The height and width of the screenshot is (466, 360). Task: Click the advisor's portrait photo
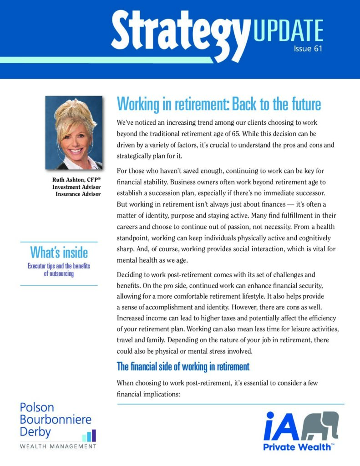(74, 132)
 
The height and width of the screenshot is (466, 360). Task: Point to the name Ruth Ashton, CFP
(76, 180)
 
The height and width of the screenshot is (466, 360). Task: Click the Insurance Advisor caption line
(78, 194)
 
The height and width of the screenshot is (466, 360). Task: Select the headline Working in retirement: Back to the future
(219, 104)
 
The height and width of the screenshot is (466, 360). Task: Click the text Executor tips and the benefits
(59, 266)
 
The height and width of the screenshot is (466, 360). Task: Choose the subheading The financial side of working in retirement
(183, 366)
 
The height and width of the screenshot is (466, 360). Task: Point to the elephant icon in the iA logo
(321, 426)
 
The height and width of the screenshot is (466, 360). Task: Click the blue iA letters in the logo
(282, 427)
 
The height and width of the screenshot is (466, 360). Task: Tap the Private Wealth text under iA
(298, 447)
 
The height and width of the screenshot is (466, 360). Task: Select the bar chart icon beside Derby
(89, 436)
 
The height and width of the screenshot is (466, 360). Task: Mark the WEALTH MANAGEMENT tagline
(58, 446)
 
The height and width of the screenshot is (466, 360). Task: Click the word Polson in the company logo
(36, 407)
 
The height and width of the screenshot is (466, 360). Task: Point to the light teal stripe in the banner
(105, 60)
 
